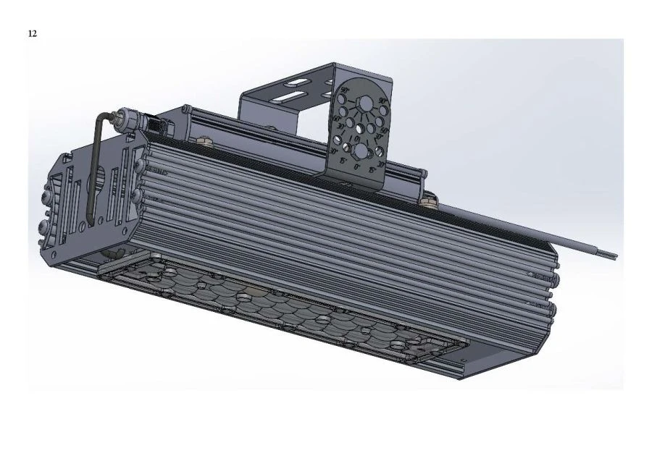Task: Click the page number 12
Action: (x=33, y=33)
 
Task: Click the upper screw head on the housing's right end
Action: (x=553, y=276)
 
